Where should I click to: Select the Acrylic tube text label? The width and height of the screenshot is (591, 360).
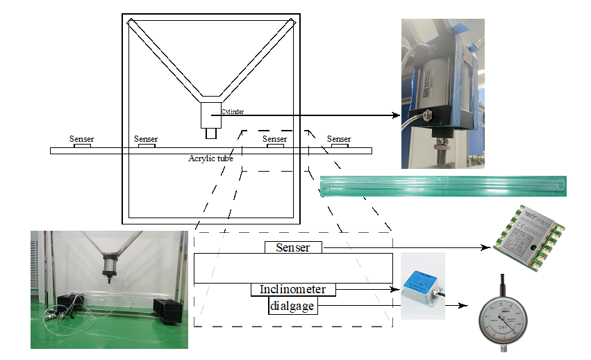pyautogui.click(x=210, y=158)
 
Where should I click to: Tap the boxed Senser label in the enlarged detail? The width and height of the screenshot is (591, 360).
pyautogui.click(x=292, y=247)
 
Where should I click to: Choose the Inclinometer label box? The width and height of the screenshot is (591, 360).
pyautogui.click(x=293, y=289)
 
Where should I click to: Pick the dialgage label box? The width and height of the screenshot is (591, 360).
pyautogui.click(x=293, y=306)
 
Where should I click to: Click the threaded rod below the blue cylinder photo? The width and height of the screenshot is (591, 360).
pyautogui.click(x=440, y=149)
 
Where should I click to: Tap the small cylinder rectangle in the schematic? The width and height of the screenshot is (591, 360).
pyautogui.click(x=211, y=115)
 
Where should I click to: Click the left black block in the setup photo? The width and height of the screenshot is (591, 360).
pyautogui.click(x=70, y=306)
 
